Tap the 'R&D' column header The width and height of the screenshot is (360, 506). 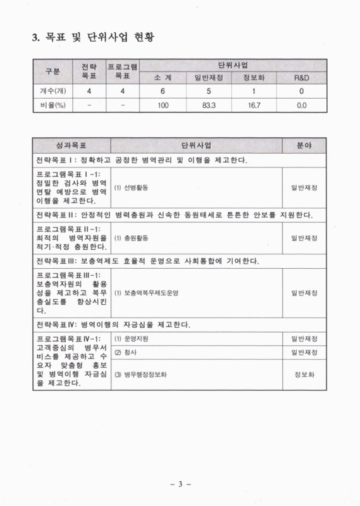(302, 78)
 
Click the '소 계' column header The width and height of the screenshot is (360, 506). (163, 78)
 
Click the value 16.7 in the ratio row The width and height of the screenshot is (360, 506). (254, 106)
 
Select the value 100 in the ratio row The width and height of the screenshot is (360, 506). (163, 106)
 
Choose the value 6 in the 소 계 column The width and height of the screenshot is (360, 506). (163, 92)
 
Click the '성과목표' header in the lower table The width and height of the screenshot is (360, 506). (71, 145)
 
